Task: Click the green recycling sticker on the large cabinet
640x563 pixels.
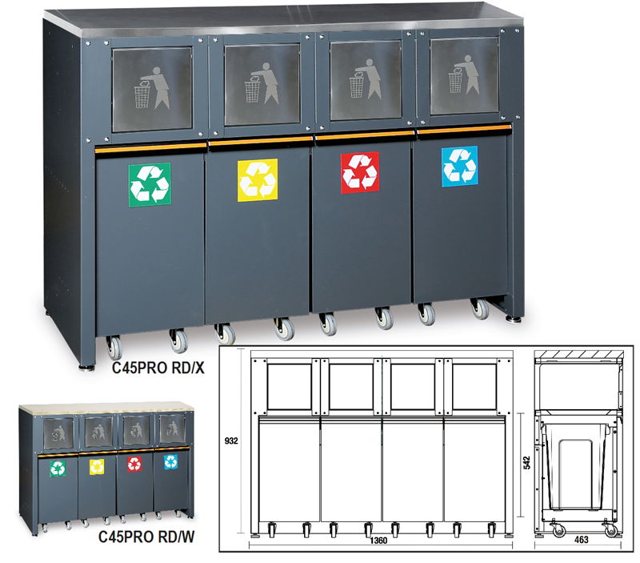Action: coord(150,185)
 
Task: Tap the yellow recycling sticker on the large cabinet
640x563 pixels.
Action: coord(258,180)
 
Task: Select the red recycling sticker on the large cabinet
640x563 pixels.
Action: coord(360,172)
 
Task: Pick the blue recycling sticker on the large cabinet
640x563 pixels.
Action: coord(459,167)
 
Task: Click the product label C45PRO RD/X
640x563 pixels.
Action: coord(158,368)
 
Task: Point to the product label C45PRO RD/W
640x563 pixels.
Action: coord(146,537)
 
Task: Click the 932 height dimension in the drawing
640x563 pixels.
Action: coord(231,440)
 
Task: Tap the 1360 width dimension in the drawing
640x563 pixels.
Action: coord(378,541)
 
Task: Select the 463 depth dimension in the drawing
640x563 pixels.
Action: coord(582,540)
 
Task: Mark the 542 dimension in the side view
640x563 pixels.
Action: coord(527,463)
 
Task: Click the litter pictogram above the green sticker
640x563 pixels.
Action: coord(152,88)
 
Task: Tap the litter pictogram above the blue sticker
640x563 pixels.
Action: coord(464,74)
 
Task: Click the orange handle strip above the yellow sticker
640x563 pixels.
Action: coord(261,142)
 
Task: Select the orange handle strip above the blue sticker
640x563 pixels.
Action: coord(464,129)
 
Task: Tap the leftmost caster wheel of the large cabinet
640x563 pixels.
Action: coord(114,348)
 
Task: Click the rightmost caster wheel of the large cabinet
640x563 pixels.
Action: coord(480,309)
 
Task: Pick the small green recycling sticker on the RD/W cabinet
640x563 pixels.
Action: coord(58,468)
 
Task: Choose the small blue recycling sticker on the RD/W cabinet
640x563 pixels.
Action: coord(170,462)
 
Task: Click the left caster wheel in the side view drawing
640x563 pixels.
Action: coord(558,530)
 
